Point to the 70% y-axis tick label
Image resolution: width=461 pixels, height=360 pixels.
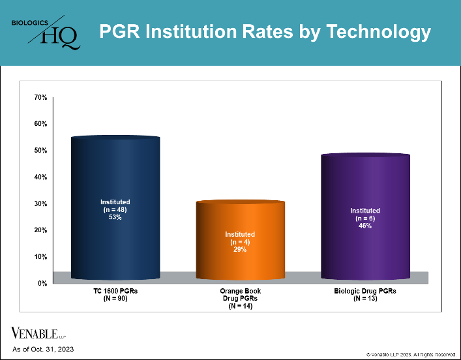tap(40, 97)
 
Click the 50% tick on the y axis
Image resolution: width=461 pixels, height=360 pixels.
tap(40, 151)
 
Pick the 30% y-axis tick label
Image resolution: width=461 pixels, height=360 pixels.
tap(40, 203)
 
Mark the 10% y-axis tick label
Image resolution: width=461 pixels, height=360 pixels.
tap(40, 257)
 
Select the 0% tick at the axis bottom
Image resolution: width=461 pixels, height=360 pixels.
tap(42, 283)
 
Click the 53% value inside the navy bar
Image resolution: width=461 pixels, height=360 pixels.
tap(115, 217)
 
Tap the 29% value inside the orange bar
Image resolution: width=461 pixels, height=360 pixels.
tap(240, 250)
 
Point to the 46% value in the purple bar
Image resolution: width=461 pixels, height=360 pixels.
tap(364, 226)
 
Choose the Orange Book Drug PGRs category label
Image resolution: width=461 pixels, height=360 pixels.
tap(240, 299)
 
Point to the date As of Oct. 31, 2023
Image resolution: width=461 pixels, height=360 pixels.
tap(43, 350)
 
